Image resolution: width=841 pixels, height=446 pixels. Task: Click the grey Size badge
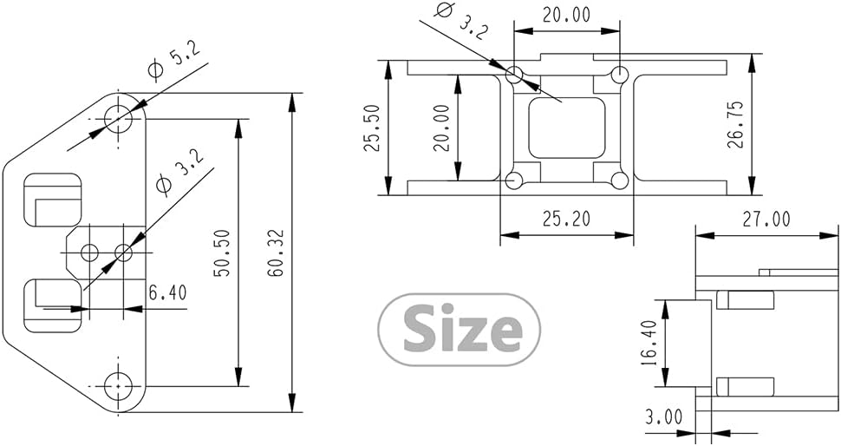460,330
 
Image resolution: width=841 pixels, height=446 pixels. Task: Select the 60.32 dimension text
277,253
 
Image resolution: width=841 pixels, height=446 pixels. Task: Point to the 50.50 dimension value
221,253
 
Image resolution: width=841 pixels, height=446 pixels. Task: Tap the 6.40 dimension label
167,293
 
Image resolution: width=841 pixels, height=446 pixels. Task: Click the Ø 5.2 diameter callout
175,63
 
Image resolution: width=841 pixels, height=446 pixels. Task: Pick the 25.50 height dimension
372,128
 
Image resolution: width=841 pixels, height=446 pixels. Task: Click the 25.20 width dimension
566,219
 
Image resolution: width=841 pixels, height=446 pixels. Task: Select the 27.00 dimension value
766,220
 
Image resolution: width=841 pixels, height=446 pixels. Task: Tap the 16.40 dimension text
648,343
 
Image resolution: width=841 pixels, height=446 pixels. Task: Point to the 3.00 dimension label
664,417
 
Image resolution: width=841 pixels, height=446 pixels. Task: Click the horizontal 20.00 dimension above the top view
566,15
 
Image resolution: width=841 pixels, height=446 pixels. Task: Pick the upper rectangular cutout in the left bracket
51,200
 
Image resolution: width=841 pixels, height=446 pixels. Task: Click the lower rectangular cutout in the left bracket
51,305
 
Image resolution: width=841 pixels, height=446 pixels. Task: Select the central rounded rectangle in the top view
566,128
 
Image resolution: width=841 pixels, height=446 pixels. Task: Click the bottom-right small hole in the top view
619,180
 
